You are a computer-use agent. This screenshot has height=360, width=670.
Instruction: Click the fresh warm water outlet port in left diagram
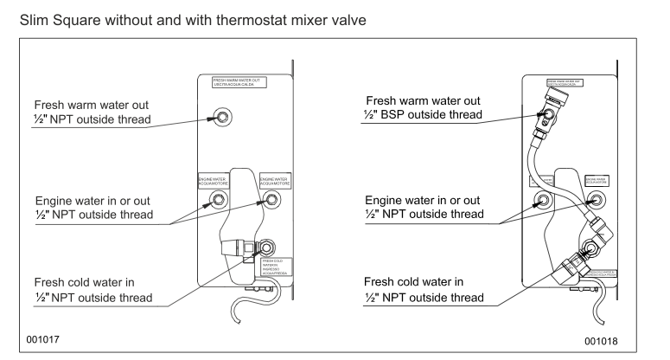[222, 117]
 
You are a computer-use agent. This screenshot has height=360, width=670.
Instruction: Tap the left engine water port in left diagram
[215, 201]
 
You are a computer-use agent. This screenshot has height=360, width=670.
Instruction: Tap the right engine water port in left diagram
[271, 200]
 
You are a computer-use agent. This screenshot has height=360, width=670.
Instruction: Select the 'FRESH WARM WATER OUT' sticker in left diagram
[239, 83]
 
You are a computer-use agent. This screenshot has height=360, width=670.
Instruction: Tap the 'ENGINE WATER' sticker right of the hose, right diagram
[601, 181]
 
